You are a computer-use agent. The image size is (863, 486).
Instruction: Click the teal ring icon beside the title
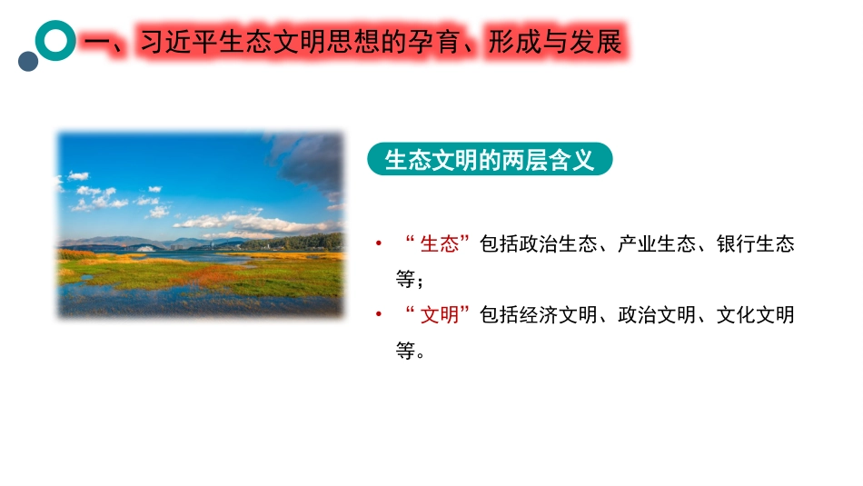(56, 40)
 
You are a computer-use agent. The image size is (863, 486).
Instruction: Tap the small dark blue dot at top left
(28, 61)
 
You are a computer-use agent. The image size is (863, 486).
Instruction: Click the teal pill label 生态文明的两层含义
(490, 160)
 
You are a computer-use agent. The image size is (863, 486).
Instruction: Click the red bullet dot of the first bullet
(378, 243)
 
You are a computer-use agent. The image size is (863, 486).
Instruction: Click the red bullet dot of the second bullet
(378, 314)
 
